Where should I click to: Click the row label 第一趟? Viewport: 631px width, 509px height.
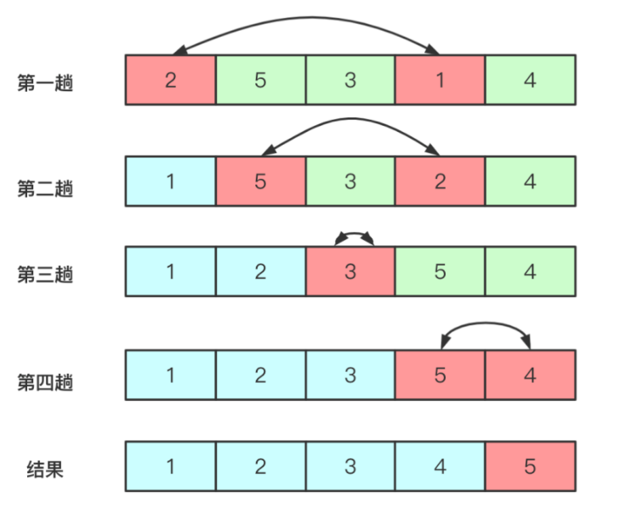click(x=44, y=84)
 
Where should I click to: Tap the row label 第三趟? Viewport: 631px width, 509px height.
click(x=44, y=274)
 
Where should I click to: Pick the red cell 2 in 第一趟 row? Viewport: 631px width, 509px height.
click(x=170, y=81)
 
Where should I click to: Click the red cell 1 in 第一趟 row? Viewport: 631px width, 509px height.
click(x=440, y=81)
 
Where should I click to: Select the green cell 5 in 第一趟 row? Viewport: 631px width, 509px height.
click(x=260, y=81)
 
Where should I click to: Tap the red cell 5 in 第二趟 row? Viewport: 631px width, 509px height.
click(x=260, y=180)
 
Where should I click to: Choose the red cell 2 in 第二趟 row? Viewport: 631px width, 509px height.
click(x=440, y=180)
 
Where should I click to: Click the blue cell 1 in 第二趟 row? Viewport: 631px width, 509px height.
click(x=170, y=180)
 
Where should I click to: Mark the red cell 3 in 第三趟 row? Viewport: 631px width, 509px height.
click(x=350, y=272)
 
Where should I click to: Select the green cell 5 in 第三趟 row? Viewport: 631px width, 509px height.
click(x=440, y=272)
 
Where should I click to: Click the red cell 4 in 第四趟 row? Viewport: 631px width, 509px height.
click(x=530, y=375)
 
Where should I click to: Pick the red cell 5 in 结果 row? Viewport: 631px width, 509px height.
click(x=530, y=466)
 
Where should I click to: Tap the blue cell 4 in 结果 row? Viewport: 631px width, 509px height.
click(x=440, y=466)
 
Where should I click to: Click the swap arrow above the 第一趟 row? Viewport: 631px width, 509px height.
click(x=306, y=18)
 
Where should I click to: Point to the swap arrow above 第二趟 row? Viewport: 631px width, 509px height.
click(x=350, y=119)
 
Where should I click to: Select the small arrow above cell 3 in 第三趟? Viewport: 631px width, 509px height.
click(x=354, y=232)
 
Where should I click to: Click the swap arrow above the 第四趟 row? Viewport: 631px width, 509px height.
click(x=485, y=323)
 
